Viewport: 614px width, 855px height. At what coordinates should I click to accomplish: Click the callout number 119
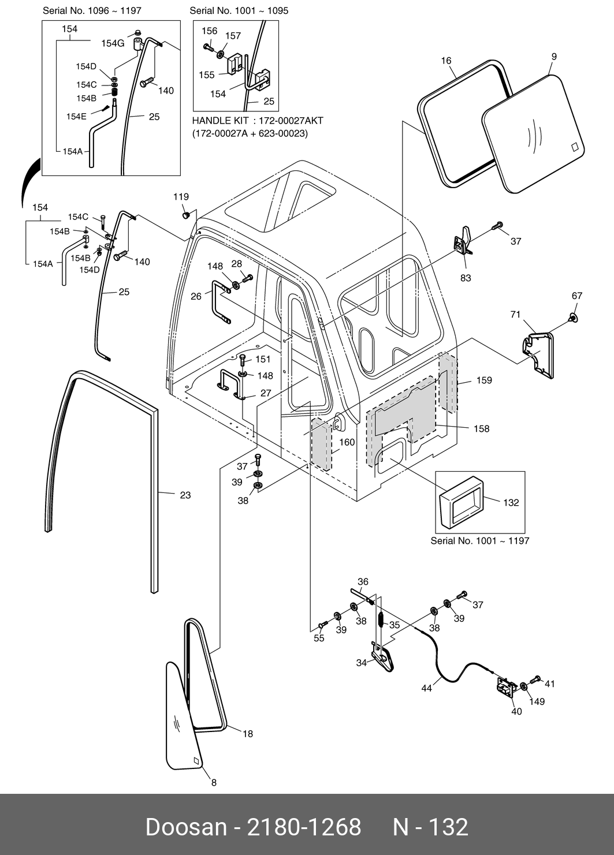(x=181, y=197)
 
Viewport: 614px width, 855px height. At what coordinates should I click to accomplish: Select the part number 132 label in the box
(x=511, y=503)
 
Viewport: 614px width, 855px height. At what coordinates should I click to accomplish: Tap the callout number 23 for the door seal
(x=185, y=495)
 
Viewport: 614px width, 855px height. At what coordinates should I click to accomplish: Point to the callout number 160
(x=347, y=443)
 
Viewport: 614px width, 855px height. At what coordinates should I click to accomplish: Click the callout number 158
(x=481, y=429)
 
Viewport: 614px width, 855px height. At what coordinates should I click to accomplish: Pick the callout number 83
(x=466, y=278)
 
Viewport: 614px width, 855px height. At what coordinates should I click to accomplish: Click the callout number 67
(x=577, y=296)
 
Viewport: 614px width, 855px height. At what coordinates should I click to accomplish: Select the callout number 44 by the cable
(x=426, y=689)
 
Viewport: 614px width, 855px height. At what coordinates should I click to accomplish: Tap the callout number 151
(x=263, y=360)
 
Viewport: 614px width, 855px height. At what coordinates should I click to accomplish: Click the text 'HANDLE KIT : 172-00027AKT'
(x=258, y=121)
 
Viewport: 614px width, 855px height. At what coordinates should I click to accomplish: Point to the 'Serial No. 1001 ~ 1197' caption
(x=479, y=541)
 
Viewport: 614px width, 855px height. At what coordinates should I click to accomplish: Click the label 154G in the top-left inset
(x=113, y=43)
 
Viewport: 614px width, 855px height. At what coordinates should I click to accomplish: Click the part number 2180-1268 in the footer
(x=304, y=827)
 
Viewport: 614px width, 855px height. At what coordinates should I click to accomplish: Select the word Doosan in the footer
(x=186, y=827)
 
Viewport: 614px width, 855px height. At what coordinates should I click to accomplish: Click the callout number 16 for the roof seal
(x=446, y=61)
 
